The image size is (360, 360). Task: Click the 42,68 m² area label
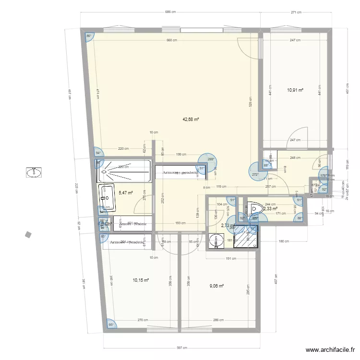click(x=191, y=120)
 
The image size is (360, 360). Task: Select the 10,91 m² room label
click(x=295, y=90)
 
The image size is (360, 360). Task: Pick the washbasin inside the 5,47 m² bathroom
click(x=108, y=198)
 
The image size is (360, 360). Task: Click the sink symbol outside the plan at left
click(x=34, y=172)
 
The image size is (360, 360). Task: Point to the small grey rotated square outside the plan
click(x=29, y=234)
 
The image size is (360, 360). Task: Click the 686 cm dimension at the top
click(x=169, y=13)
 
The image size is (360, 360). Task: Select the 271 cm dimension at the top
click(x=296, y=13)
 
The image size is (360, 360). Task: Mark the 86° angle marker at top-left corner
click(x=88, y=36)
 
